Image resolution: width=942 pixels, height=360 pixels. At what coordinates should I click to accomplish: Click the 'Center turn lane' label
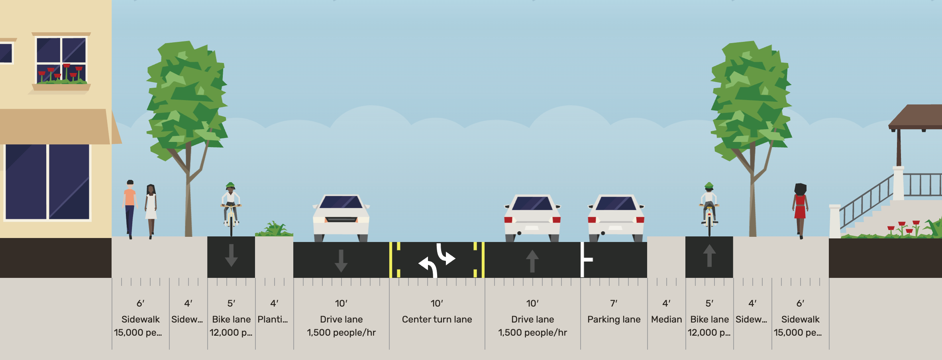pyautogui.click(x=437, y=319)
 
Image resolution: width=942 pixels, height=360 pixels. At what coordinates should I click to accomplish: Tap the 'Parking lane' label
pyautogui.click(x=614, y=319)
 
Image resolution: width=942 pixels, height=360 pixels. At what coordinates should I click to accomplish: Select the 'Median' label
pyautogui.click(x=666, y=319)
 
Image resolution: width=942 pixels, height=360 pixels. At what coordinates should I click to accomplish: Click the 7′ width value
pyautogui.click(x=614, y=303)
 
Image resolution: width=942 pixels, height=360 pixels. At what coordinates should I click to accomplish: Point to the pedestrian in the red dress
pyautogui.click(x=800, y=209)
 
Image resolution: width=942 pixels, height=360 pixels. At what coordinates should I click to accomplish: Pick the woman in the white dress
pyautogui.click(x=151, y=209)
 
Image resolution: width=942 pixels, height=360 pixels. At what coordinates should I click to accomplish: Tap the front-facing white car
pyautogui.click(x=341, y=217)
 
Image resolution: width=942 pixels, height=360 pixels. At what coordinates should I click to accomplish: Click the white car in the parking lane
pyautogui.click(x=616, y=217)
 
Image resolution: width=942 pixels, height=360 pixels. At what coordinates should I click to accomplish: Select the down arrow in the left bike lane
pyautogui.click(x=231, y=255)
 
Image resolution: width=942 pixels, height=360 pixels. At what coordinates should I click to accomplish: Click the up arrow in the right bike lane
pyautogui.click(x=709, y=255)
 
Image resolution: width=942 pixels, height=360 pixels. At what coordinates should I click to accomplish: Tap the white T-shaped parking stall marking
pyautogui.click(x=585, y=260)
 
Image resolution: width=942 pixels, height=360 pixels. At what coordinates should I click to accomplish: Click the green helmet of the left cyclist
pyautogui.click(x=230, y=185)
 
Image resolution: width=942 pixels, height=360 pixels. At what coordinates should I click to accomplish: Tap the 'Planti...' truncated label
pyautogui.click(x=273, y=319)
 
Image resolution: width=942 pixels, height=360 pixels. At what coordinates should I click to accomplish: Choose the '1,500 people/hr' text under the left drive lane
pyautogui.click(x=341, y=332)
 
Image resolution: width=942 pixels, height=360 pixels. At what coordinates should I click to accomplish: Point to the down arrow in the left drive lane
pyautogui.click(x=341, y=261)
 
